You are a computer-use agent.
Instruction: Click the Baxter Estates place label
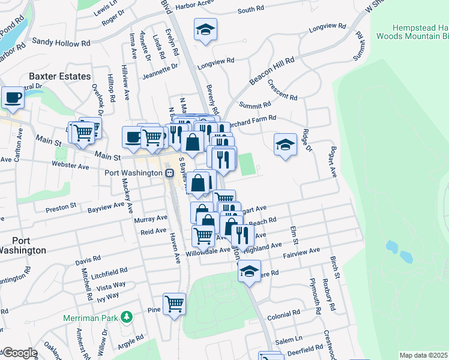(x=59, y=76)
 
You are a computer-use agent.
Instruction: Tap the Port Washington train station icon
(x=170, y=173)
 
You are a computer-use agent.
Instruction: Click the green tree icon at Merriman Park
(x=126, y=316)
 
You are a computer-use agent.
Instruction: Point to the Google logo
(x=19, y=353)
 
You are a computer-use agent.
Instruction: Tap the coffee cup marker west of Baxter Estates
(x=12, y=97)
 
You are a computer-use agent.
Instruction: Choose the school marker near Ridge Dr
(x=285, y=145)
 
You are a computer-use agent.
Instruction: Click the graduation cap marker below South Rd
(x=205, y=29)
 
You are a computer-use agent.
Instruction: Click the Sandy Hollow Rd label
(x=61, y=42)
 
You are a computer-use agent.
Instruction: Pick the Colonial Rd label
(x=283, y=314)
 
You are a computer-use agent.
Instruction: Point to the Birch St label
(x=334, y=268)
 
